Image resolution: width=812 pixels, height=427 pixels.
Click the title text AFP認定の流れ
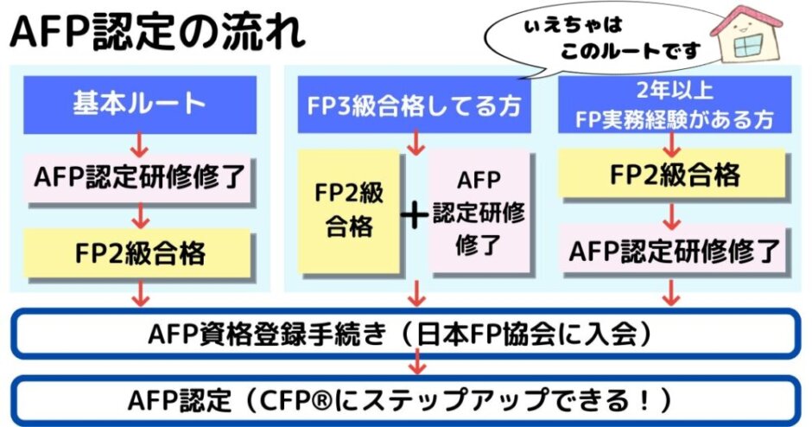pyautogui.click(x=155, y=32)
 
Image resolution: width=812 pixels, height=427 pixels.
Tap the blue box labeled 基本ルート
pyautogui.click(x=139, y=103)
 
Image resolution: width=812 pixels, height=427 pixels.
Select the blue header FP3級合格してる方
pyautogui.click(x=414, y=106)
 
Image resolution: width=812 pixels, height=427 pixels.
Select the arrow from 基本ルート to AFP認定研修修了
pyautogui.click(x=139, y=142)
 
